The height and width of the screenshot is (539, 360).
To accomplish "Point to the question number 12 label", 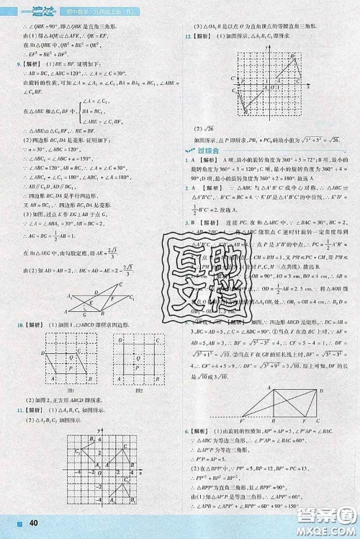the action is pyautogui.click(x=188, y=35).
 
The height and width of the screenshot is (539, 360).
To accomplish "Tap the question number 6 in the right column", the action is pyautogui.click(x=186, y=430).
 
